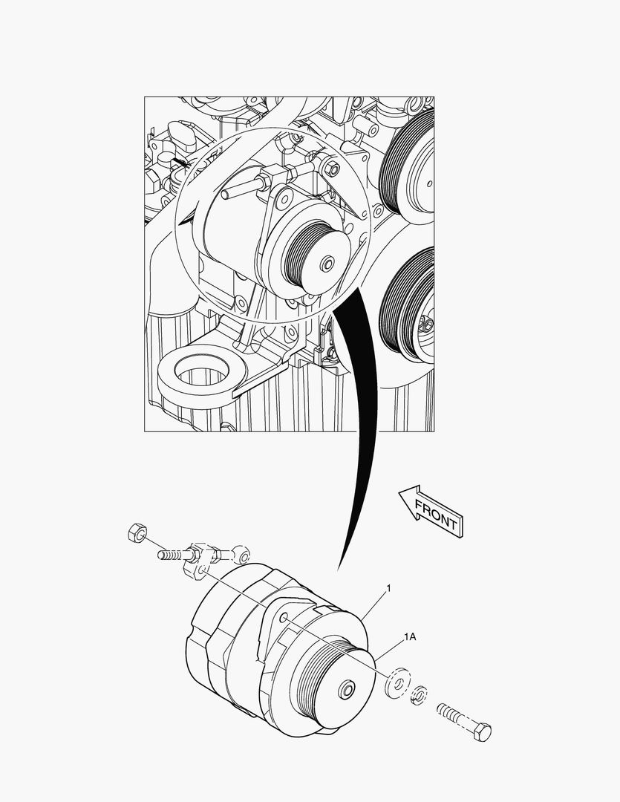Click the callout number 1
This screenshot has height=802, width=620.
[388, 588]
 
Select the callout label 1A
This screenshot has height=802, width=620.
[411, 637]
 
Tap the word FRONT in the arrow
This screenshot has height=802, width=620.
[437, 513]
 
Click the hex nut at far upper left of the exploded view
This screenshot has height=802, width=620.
[135, 532]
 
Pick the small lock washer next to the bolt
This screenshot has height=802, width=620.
[419, 694]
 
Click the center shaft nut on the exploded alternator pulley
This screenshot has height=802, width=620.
[346, 691]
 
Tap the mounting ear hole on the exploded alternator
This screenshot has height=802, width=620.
[284, 618]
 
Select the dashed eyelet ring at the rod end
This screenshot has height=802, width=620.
[242, 552]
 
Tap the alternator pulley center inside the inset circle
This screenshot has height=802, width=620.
[326, 264]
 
